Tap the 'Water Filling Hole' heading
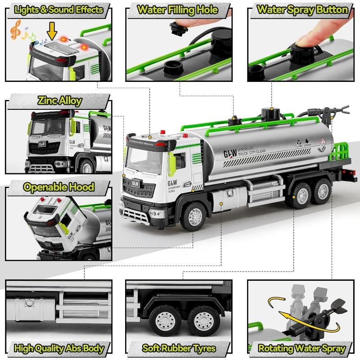178,9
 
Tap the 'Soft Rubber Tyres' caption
178,347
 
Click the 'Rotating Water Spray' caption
302,347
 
